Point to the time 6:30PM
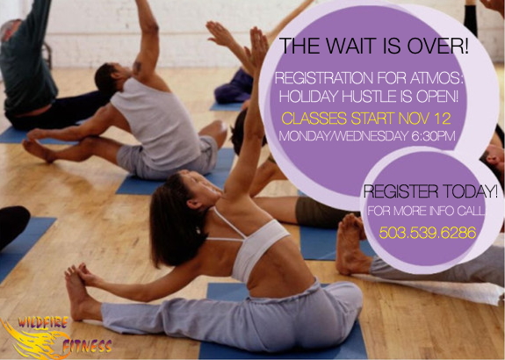point(433,136)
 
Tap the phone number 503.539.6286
point(428,232)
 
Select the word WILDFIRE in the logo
point(43,322)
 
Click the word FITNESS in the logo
point(87,346)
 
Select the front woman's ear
point(194,204)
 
